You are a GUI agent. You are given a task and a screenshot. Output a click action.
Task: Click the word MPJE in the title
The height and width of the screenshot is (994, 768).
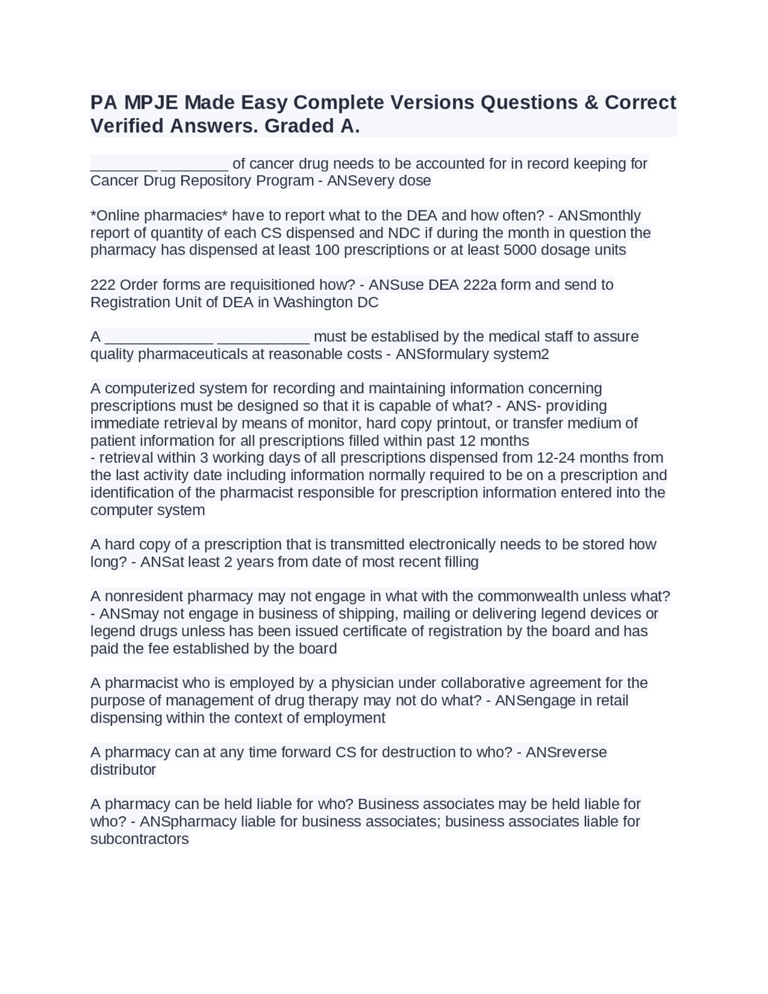tap(151, 103)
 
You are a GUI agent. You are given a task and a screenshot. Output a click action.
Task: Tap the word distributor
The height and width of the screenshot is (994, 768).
tap(123, 770)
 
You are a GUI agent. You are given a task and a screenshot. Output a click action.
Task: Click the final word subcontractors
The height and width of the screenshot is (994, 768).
tap(139, 839)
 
